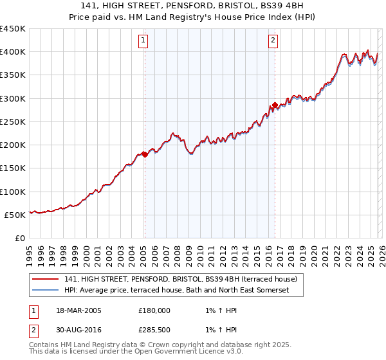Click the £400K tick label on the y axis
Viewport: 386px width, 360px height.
(x=13, y=52)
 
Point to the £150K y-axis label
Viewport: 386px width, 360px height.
(x=13, y=168)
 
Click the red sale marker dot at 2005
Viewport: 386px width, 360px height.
(x=145, y=154)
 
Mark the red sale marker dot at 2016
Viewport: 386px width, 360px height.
(x=275, y=105)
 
